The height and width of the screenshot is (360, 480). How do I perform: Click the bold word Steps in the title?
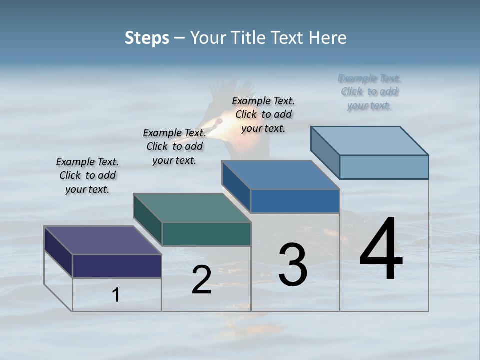pos(147,38)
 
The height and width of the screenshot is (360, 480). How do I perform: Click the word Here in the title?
pos(327,38)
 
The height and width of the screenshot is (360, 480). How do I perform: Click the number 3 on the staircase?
pos(293,265)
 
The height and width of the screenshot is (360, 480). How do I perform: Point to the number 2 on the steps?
pos(201,280)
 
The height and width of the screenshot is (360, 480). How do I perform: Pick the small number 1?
pos(116,295)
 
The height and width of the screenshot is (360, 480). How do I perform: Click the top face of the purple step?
pos(102,240)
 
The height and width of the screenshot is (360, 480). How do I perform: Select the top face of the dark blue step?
pos(280,175)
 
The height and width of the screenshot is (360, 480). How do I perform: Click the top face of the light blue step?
pos(369,140)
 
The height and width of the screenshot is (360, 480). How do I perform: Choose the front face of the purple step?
pos(117,266)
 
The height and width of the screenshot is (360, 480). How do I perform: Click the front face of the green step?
pos(206,234)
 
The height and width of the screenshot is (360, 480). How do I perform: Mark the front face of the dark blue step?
pos(295,201)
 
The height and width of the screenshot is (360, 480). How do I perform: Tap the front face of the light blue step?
pos(384,167)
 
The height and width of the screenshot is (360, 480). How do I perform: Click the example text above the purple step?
pos(87,175)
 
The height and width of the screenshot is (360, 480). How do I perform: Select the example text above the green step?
pos(174,146)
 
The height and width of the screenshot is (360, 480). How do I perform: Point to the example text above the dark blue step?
pos(263,114)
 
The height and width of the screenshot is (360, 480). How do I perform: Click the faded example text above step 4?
pos(369,92)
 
